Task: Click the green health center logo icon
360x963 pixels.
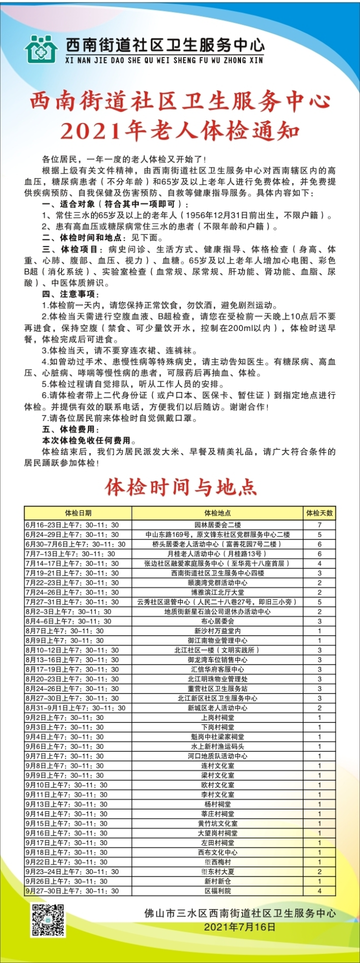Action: tap(42, 48)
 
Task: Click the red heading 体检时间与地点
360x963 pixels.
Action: tap(180, 486)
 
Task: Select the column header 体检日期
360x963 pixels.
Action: tap(78, 513)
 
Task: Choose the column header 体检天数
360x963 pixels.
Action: tap(319, 513)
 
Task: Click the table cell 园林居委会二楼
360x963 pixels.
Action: tap(217, 525)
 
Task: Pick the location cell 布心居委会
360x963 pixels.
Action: tap(217, 621)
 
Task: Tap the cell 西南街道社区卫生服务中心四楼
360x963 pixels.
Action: tap(217, 573)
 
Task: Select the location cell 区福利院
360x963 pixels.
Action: tap(217, 891)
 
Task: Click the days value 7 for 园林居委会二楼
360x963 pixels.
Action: tap(319, 525)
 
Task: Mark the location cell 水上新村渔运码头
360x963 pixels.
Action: tap(217, 746)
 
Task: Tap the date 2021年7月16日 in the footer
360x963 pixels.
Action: tap(239, 926)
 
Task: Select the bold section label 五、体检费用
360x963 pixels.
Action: tap(70, 429)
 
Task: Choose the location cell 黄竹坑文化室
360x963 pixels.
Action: tap(217, 823)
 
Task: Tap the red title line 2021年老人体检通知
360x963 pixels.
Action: tap(180, 131)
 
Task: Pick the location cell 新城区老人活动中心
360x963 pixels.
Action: tap(217, 708)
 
